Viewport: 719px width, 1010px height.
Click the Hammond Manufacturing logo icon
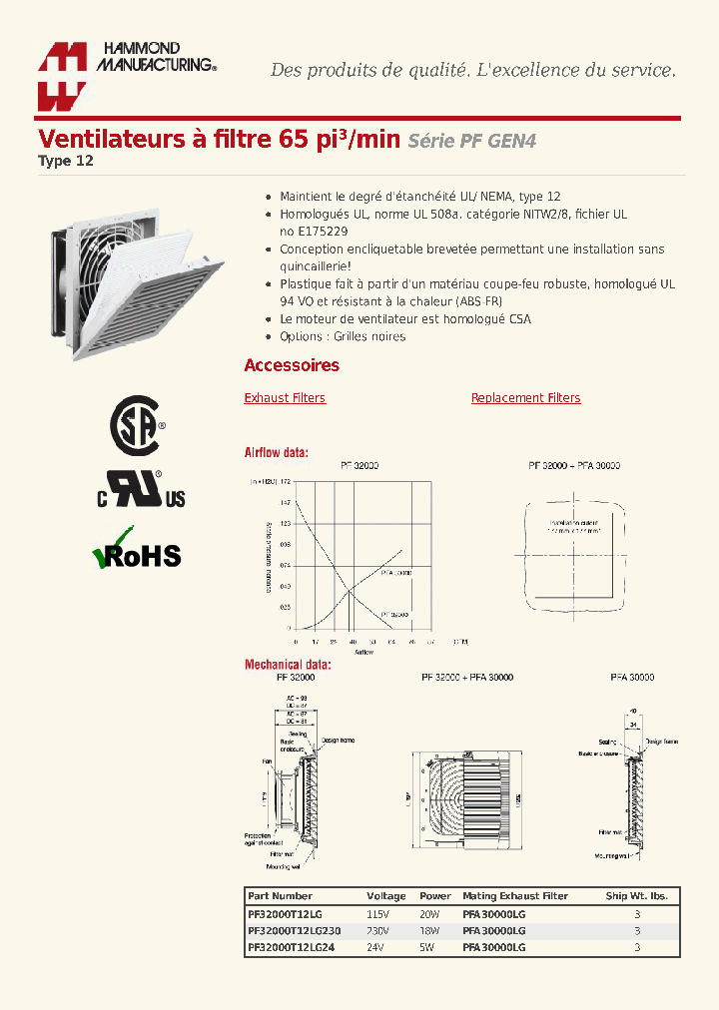click(62, 76)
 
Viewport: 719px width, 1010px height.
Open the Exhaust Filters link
click(285, 398)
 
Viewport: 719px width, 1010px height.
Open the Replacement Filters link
click(525, 398)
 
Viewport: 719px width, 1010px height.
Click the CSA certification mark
click(136, 426)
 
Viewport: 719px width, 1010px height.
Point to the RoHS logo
click(137, 552)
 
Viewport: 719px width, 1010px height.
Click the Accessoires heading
click(292, 365)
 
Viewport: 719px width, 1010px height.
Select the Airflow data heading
click(277, 453)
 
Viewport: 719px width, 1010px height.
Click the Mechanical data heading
click(288, 665)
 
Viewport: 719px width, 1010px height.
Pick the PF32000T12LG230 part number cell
click(294, 930)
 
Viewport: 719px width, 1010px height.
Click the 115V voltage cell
click(377, 913)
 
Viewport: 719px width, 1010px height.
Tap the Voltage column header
click(386, 896)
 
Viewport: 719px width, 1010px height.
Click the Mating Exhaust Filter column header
click(514, 896)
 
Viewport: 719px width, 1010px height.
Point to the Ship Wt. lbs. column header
click(636, 896)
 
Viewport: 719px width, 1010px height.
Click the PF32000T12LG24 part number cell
click(291, 947)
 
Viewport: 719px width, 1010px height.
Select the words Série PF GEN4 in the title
click(471, 142)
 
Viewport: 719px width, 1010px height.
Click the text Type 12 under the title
click(66, 161)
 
